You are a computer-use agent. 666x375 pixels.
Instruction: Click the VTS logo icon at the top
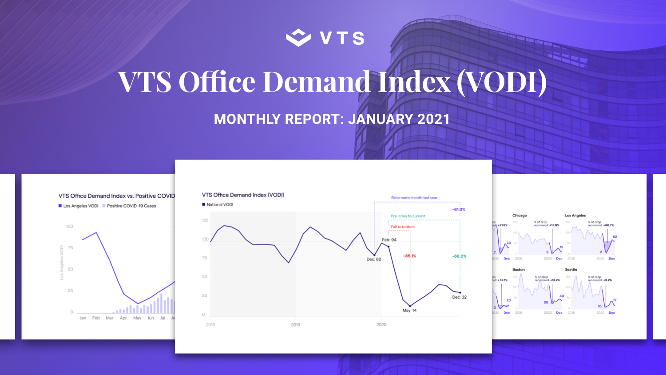click(298, 38)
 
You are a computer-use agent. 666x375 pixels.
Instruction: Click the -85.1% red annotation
click(409, 256)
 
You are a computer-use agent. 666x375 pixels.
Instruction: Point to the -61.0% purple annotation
click(459, 210)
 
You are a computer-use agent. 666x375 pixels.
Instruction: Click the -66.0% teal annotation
click(459, 256)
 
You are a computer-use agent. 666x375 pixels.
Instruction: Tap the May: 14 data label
click(409, 311)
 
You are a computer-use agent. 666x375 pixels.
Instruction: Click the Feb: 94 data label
click(389, 240)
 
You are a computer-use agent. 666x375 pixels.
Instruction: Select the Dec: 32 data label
click(459, 297)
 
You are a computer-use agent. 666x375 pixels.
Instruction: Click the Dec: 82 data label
click(373, 259)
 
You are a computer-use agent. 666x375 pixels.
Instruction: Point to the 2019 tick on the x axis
click(296, 325)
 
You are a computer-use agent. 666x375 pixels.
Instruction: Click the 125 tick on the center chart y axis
click(205, 220)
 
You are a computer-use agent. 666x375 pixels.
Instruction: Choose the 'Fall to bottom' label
click(403, 227)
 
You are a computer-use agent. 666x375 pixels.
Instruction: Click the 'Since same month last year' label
click(414, 198)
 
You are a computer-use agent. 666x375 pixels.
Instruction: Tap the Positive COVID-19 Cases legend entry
click(131, 206)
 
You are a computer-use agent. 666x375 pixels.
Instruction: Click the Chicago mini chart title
click(519, 215)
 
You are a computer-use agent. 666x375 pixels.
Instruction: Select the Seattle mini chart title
click(571, 270)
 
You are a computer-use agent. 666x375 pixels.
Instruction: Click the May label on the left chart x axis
click(137, 318)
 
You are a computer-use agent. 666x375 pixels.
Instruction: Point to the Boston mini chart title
click(518, 270)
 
